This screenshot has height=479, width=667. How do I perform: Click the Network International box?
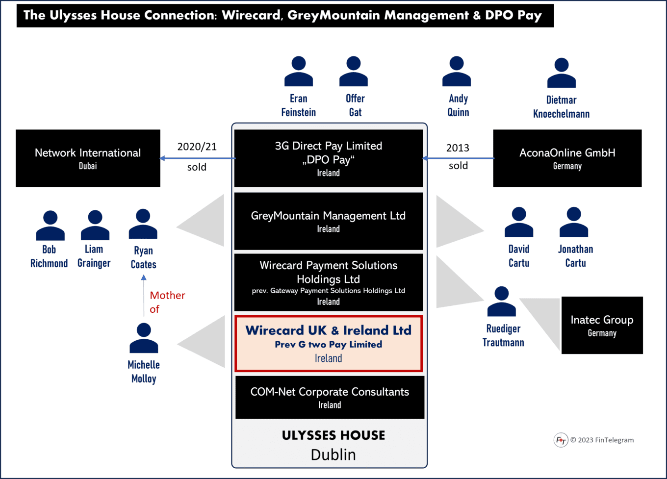pyautogui.click(x=88, y=158)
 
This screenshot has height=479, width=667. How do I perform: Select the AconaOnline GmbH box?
pyautogui.click(x=567, y=158)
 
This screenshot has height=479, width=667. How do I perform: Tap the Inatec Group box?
pyautogui.click(x=602, y=325)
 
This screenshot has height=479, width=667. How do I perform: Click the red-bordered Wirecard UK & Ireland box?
pyautogui.click(x=328, y=344)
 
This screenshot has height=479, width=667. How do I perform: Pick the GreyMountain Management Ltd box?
pyautogui.click(x=328, y=221)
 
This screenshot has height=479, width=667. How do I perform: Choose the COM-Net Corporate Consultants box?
pyautogui.click(x=330, y=397)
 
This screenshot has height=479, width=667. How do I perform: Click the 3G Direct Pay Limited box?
pyautogui.click(x=328, y=158)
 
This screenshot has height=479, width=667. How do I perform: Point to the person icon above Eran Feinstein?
pyautogui.click(x=298, y=71)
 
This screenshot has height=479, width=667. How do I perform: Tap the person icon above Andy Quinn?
pyautogui.click(x=457, y=71)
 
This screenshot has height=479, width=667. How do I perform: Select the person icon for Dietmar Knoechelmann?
pyautogui.click(x=561, y=73)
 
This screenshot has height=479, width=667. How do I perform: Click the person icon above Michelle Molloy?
pyautogui.click(x=144, y=338)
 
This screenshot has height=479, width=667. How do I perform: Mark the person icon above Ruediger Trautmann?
pyautogui.click(x=501, y=302)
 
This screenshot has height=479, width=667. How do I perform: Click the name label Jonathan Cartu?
pyautogui.click(x=575, y=256)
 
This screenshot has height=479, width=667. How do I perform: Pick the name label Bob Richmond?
pyautogui.click(x=49, y=256)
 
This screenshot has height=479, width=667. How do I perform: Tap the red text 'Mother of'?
pyautogui.click(x=167, y=302)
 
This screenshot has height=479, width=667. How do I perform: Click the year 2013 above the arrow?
pyautogui.click(x=458, y=148)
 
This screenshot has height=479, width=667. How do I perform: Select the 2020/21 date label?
pyautogui.click(x=197, y=147)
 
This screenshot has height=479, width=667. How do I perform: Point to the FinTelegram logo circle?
pyautogui.click(x=561, y=440)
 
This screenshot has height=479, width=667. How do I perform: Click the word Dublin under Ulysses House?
pyautogui.click(x=333, y=454)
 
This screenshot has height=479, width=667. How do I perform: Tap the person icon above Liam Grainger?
pyautogui.click(x=95, y=225)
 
